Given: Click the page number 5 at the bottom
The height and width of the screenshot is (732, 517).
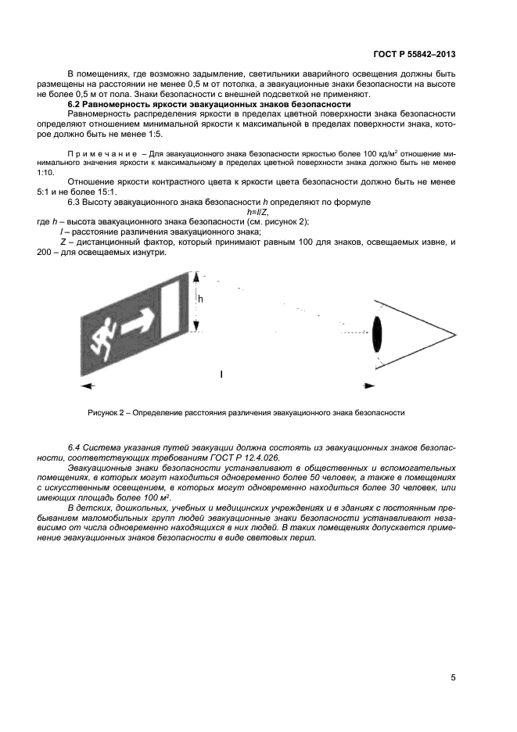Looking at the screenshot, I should point(453,677).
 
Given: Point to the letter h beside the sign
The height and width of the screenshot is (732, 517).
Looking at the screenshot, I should point(200,299).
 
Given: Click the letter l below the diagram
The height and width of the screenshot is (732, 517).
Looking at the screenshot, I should point(221,375).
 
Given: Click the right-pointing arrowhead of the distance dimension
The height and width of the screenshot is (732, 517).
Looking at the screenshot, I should point(368,385).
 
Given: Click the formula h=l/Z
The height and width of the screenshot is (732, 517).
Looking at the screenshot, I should point(258,212).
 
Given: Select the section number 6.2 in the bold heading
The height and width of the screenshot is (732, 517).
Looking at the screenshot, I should point(76,104).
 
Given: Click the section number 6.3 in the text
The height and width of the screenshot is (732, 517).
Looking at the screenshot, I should point(76,202).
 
